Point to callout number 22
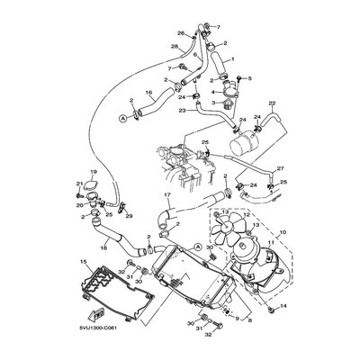pos(271,104)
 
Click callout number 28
pos(175,45)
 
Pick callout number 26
pos(180,34)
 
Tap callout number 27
pos(280,168)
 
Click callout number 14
pos(283,307)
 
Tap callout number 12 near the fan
pos(244,215)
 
